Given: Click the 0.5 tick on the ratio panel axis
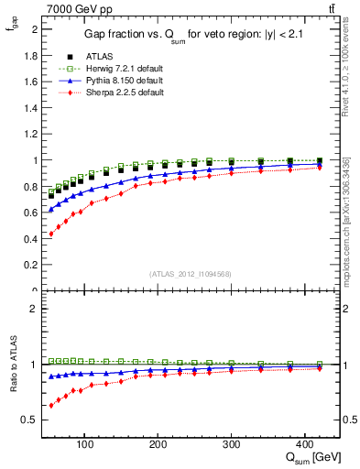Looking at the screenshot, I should pyautogui.click(x=31, y=420).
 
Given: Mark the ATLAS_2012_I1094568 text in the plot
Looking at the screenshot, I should pyautogui.click(x=191, y=273).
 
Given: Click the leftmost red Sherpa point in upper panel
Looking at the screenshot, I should pyautogui.click(x=51, y=234).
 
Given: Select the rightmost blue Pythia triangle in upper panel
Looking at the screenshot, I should pyautogui.click(x=320, y=164).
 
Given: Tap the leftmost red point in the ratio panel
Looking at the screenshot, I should pyautogui.click(x=51, y=405).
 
